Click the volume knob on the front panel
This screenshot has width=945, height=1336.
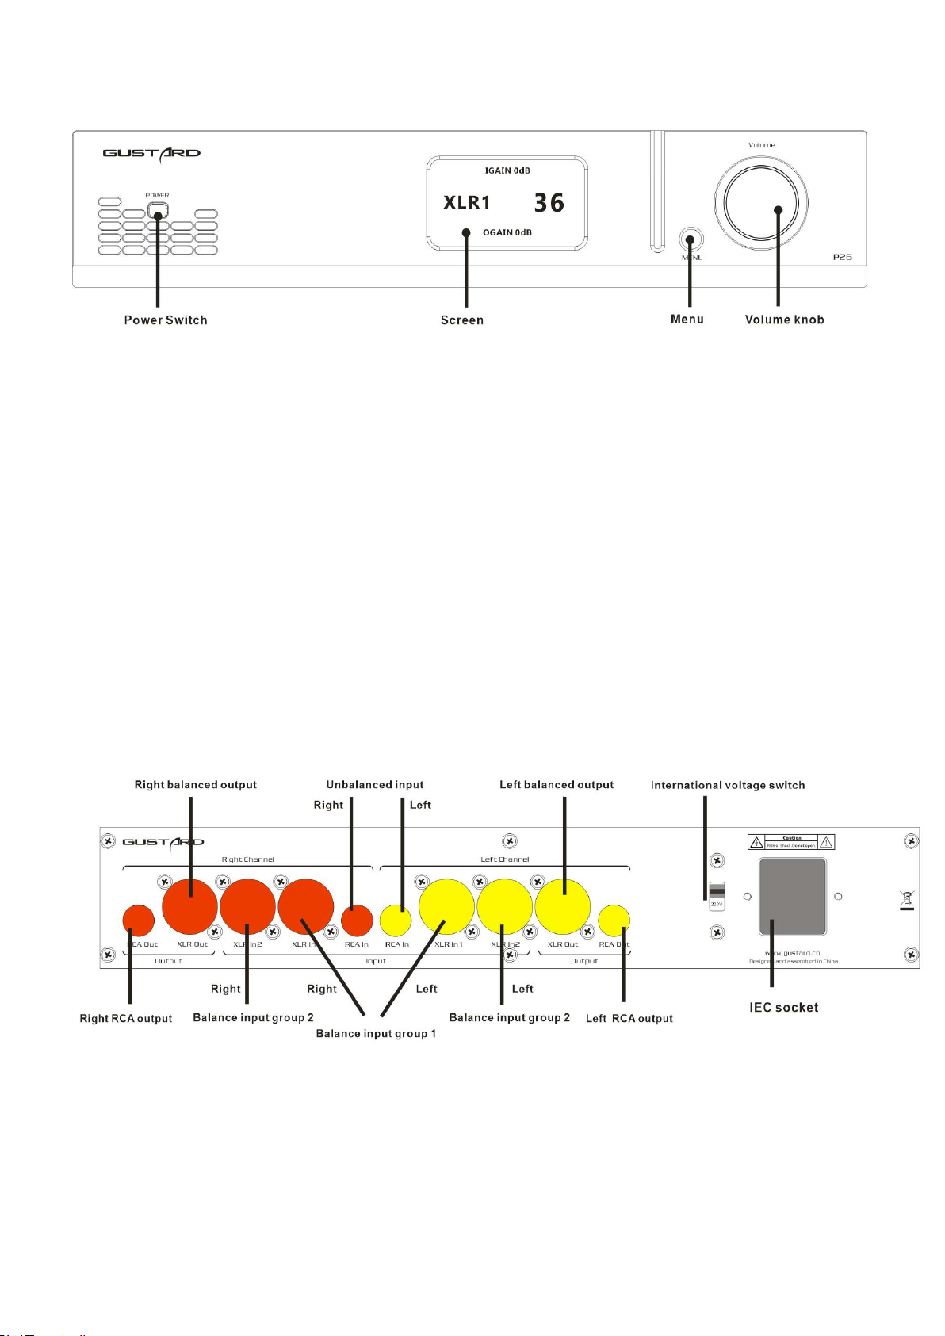pos(761,204)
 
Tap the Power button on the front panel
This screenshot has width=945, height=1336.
pos(158,212)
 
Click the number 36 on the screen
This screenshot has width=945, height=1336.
pos(549,203)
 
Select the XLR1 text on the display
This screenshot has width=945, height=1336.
pos(467,203)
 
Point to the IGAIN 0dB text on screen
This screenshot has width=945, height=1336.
pos(507,170)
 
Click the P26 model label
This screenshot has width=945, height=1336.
pos(842,258)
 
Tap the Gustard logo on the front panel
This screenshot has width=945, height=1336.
pos(151,153)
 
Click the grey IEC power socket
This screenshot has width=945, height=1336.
pos(793,896)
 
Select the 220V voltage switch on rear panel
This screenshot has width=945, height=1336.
pos(717,894)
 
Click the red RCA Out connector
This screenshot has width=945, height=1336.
pos(139,921)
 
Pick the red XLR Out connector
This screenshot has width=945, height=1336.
pos(189,906)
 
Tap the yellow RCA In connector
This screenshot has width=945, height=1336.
pos(396,921)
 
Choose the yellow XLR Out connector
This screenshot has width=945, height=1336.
pos(563,906)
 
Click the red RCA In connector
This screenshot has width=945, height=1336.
pos(357,921)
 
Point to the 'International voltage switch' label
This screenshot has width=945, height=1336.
pos(728,785)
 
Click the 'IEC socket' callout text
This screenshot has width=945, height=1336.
pos(784,1008)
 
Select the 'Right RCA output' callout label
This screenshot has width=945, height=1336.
pos(126,1019)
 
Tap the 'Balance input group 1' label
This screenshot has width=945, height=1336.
pos(376,1034)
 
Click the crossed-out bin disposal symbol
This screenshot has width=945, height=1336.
pos(907,900)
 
